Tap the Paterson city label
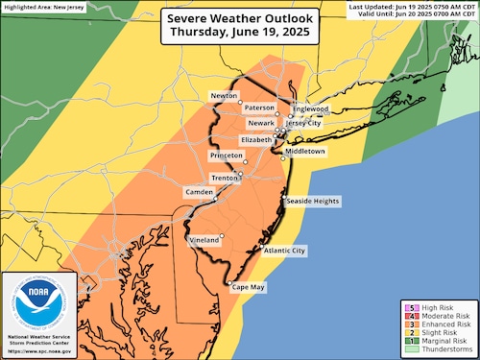pyautogui.click(x=259, y=108)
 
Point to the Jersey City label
pyautogui.click(x=307, y=123)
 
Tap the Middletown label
pyautogui.click(x=305, y=152)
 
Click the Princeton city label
pyautogui.click(x=230, y=155)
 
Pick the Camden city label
pyautogui.click(x=200, y=192)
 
